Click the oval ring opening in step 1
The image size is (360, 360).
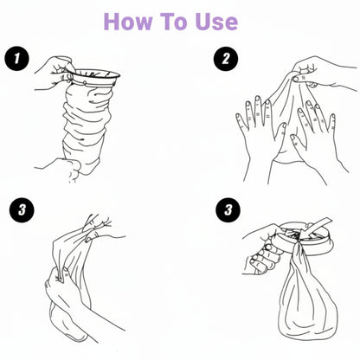95,75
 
